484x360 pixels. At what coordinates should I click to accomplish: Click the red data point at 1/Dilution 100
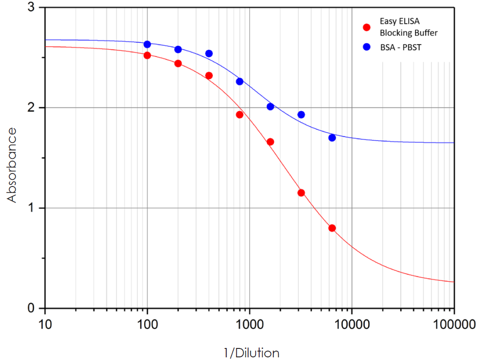(147, 55)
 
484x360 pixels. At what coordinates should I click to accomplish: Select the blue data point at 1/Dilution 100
(147, 44)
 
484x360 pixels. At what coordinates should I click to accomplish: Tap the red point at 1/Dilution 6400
(332, 228)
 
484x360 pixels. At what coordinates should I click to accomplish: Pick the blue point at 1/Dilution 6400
(332, 138)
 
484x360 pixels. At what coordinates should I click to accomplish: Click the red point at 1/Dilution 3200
(301, 193)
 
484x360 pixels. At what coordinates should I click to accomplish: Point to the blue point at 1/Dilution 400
(209, 53)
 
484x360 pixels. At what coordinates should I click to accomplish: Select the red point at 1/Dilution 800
(240, 114)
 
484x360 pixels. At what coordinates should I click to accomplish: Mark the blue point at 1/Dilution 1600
(270, 106)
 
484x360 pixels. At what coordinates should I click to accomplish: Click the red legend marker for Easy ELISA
(367, 27)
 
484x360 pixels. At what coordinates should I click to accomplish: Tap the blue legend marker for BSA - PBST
(367, 47)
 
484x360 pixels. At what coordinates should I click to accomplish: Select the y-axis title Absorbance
(12, 165)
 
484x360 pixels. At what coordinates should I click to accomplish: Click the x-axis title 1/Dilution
(251, 353)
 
